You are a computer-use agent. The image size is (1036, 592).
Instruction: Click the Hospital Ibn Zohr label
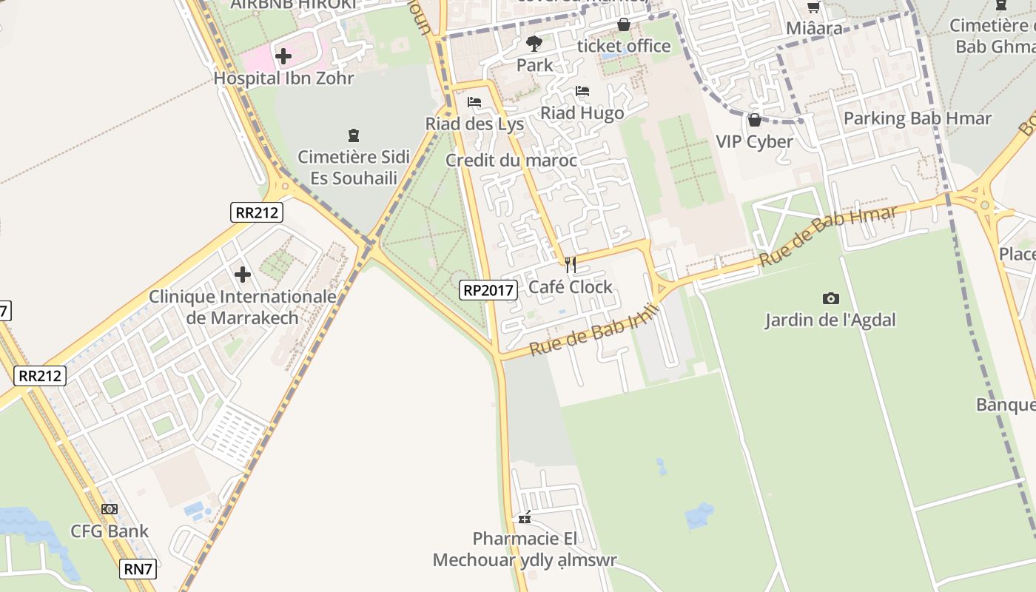pyautogui.click(x=283, y=78)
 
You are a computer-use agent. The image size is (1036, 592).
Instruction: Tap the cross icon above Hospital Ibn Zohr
pyautogui.click(x=283, y=55)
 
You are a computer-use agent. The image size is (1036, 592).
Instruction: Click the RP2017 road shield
pyautogui.click(x=488, y=290)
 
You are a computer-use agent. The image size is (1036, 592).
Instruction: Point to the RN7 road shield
pyautogui.click(x=138, y=569)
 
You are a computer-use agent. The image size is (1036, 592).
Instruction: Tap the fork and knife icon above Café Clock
pyautogui.click(x=570, y=265)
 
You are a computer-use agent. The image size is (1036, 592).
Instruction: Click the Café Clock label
pyautogui.click(x=570, y=287)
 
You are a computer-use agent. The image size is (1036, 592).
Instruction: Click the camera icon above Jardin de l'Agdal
pyautogui.click(x=830, y=298)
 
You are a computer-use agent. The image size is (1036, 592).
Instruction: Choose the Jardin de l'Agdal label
pyautogui.click(x=830, y=320)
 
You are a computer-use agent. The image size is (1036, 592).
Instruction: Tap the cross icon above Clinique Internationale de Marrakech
pyautogui.click(x=243, y=275)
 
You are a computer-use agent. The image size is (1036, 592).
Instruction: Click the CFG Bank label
pyautogui.click(x=110, y=531)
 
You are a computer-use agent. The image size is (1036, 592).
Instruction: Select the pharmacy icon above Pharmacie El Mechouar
pyautogui.click(x=525, y=517)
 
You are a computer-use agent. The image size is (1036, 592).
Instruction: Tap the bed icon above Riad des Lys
pyautogui.click(x=474, y=102)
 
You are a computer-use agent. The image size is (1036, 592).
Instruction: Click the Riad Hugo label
pyautogui.click(x=582, y=113)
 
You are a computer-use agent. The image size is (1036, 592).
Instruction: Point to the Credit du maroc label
pyautogui.click(x=511, y=161)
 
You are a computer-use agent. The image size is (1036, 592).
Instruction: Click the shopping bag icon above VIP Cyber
pyautogui.click(x=755, y=120)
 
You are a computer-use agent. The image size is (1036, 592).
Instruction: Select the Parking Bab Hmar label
pyautogui.click(x=918, y=118)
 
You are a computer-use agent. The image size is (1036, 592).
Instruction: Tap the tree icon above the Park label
pyautogui.click(x=534, y=44)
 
